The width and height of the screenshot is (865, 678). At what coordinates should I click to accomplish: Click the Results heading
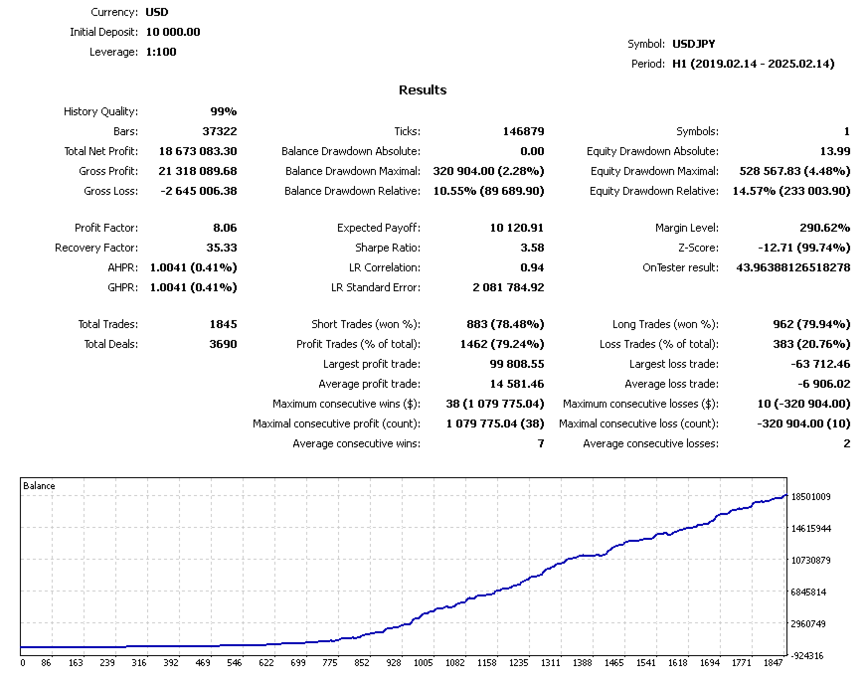coord(423,90)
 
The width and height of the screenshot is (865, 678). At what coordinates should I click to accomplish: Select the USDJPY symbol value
coord(693,44)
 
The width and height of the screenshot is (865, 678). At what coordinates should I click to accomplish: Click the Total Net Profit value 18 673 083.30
coord(198,151)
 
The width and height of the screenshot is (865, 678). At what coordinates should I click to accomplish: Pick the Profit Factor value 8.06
coord(225,228)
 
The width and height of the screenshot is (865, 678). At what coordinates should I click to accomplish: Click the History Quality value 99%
coord(223,111)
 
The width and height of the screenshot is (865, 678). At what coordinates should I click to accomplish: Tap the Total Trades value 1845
coord(221,324)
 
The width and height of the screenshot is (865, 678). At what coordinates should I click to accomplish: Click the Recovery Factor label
coord(96,248)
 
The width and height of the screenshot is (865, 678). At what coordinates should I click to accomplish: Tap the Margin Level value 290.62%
coord(824,228)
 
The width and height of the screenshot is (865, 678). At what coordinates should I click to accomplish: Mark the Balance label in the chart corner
coord(39,486)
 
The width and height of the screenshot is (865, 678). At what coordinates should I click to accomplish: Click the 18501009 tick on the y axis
coord(810,496)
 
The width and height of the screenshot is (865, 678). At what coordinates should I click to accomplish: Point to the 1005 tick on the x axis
coord(424,662)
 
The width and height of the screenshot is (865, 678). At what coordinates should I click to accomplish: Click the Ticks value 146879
coord(523,131)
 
